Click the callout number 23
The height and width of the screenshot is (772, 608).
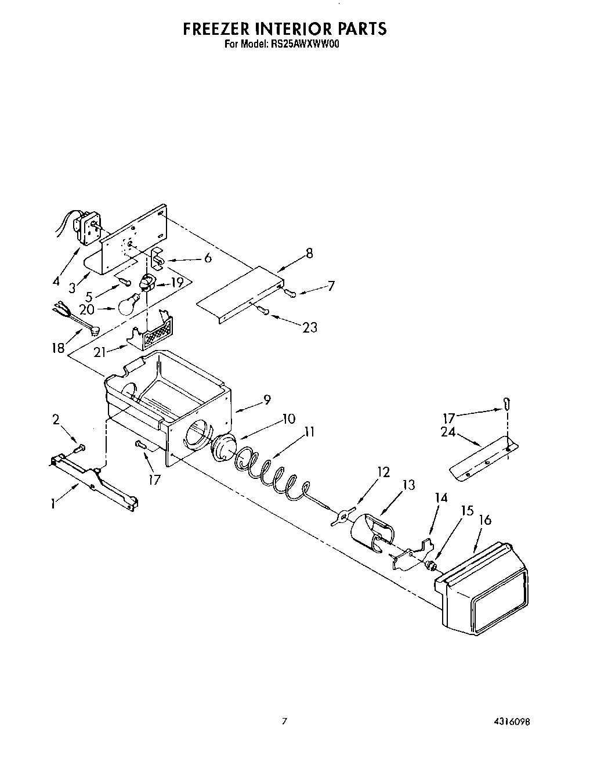pos(310,327)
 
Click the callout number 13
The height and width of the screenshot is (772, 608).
pos(409,485)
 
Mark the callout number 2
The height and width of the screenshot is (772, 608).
pos(56,419)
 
